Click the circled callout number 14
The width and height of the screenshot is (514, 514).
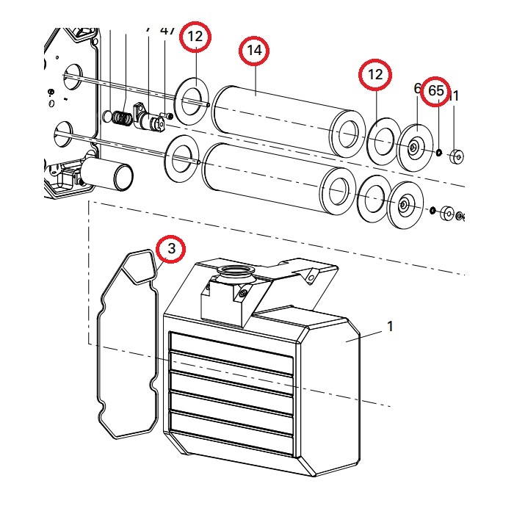tap(255, 51)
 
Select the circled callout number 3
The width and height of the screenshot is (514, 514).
tap(171, 249)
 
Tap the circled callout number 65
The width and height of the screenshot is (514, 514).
tap(436, 90)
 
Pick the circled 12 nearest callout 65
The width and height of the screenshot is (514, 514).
tap(375, 74)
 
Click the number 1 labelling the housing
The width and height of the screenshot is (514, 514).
tap(390, 327)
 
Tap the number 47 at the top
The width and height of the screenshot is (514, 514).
tap(167, 30)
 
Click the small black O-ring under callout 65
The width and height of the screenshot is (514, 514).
tap(438, 153)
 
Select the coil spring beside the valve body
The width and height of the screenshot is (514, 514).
tap(122, 116)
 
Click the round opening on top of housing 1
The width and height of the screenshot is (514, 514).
tap(235, 275)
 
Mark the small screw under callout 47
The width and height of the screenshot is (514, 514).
tap(171, 116)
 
